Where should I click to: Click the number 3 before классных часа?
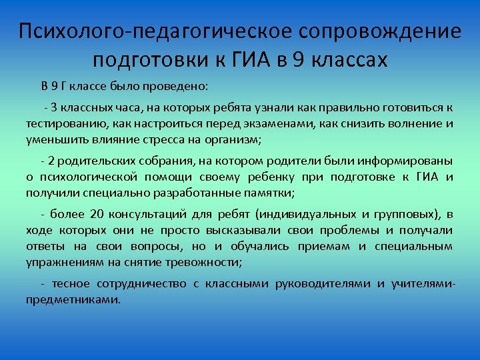pos(53,108)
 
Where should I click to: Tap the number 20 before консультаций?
pos(97,213)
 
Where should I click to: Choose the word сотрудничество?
pos(140,283)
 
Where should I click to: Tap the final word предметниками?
pos(73,299)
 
